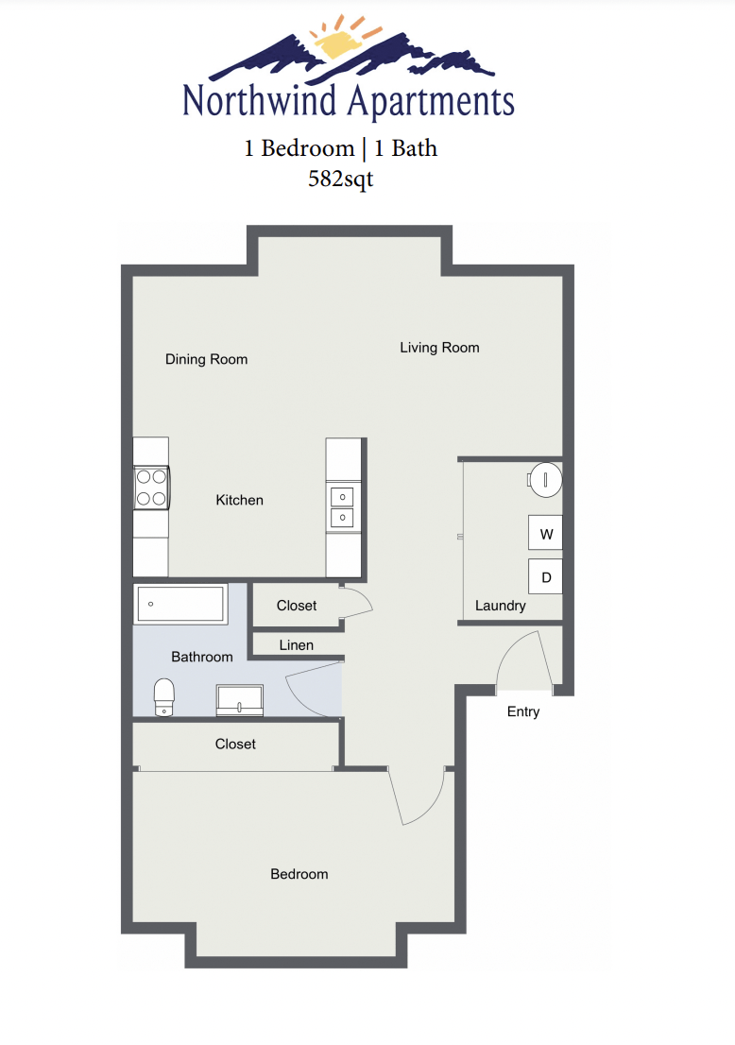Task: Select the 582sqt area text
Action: click(x=340, y=179)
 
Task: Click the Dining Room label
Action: click(x=206, y=359)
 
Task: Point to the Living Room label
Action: click(x=439, y=348)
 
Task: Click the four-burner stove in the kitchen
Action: click(x=151, y=488)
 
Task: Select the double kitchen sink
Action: click(x=341, y=507)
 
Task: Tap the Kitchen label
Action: click(x=239, y=500)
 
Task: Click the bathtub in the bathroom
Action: click(x=180, y=604)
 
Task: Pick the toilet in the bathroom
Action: click(x=164, y=695)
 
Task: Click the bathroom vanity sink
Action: click(x=242, y=700)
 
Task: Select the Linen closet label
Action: click(x=296, y=645)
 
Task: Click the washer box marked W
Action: click(x=545, y=534)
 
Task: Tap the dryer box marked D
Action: click(x=545, y=576)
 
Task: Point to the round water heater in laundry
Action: click(x=545, y=479)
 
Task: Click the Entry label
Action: click(x=522, y=711)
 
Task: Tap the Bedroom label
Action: click(x=299, y=874)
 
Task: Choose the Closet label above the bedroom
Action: click(x=235, y=745)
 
